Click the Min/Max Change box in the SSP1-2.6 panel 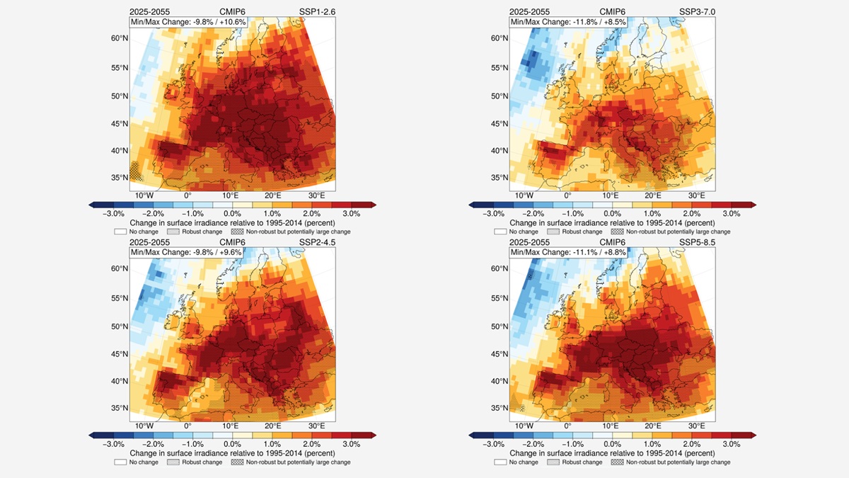[x=187, y=22]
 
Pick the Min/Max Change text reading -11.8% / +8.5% [x=566, y=22]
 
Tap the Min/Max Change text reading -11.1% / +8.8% [x=566, y=252]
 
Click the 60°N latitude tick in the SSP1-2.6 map [x=119, y=38]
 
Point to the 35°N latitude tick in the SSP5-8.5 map [x=499, y=408]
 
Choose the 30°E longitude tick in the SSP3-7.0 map [x=696, y=195]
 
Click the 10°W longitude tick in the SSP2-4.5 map [x=144, y=426]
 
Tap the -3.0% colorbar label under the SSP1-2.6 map [x=114, y=213]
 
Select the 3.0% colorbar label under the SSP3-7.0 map [x=731, y=213]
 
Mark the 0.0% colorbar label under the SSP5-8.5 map [x=612, y=443]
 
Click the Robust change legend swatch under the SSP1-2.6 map [x=173, y=232]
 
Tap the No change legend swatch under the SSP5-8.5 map [x=501, y=462]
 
